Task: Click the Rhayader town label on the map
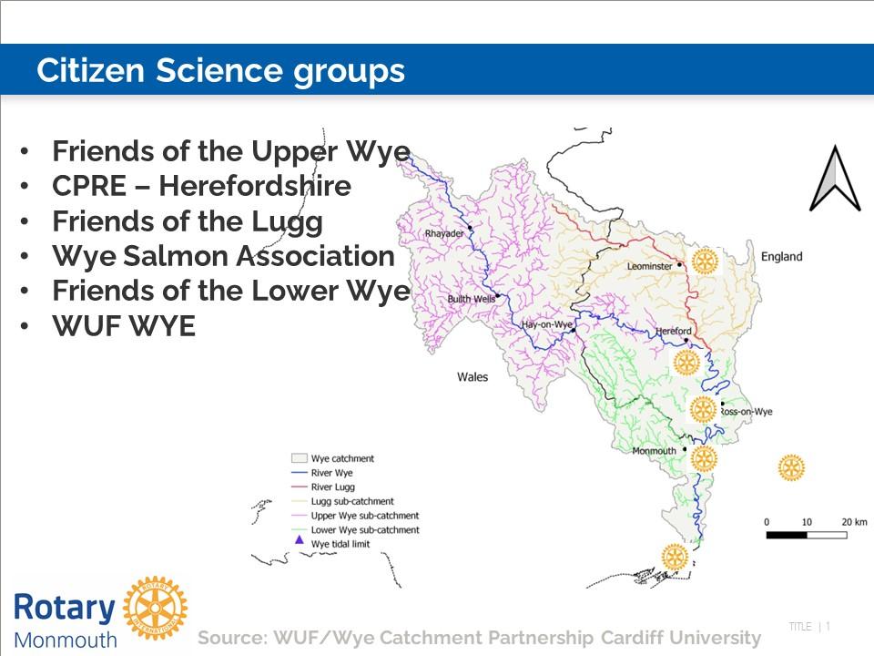444,233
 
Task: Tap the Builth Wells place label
471,299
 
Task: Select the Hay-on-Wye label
547,324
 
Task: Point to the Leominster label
649,266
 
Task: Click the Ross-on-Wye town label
746,412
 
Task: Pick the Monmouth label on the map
654,451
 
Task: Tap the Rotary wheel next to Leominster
705,261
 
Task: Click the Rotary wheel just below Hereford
686,363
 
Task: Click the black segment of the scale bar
787,535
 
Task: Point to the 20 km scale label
854,522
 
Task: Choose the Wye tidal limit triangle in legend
300,540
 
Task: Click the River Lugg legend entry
322,487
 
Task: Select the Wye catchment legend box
300,458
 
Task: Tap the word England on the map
781,257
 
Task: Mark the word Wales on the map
473,377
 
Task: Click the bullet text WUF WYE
124,326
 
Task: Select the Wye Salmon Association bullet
224,256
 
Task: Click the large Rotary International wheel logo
156,608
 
